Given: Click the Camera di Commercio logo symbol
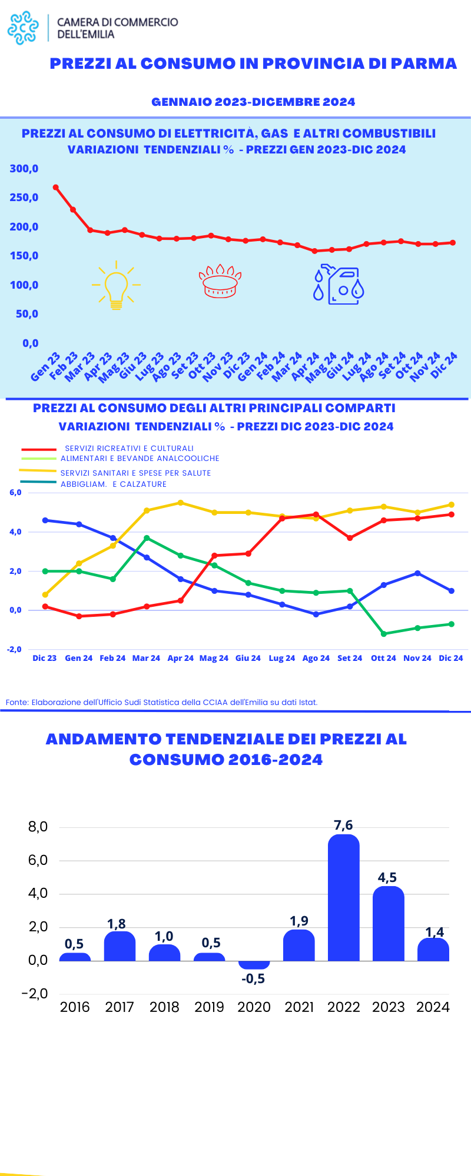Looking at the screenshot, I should pos(23,28).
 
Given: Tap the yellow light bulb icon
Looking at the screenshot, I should pos(116,285).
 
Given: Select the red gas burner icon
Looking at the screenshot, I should pos(220,282).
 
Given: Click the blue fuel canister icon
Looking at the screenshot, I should pos(339,286).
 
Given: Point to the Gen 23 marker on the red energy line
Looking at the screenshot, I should pos(56,188).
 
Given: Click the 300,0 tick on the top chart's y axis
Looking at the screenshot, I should pos(24,169).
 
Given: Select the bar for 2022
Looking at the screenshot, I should pos(343,898).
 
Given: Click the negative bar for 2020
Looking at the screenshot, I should pos(254,965).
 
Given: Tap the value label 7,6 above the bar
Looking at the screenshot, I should pos(343,825).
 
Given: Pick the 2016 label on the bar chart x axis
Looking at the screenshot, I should pos(75,1007).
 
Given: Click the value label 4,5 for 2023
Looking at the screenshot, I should pos(387,878).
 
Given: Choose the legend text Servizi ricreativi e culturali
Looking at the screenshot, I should pos(129,448).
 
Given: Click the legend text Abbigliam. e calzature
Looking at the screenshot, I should pos(114,485).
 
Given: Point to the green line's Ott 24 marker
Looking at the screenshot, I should pos(384,634).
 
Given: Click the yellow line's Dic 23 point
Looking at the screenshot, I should pos(45,594).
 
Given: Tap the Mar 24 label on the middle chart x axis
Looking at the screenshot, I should pos(146,658).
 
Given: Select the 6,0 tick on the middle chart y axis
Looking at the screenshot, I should pos(15,493).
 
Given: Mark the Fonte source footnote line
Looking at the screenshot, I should pos(161,702).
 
